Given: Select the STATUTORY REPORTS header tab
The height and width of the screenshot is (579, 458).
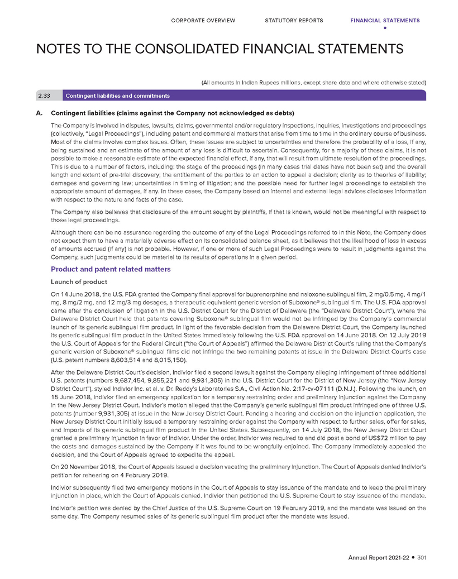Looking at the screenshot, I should coord(294,21).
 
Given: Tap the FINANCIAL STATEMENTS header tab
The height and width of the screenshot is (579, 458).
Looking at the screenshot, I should coord(384,21).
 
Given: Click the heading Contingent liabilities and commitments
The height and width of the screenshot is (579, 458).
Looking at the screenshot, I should coord(111,97).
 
